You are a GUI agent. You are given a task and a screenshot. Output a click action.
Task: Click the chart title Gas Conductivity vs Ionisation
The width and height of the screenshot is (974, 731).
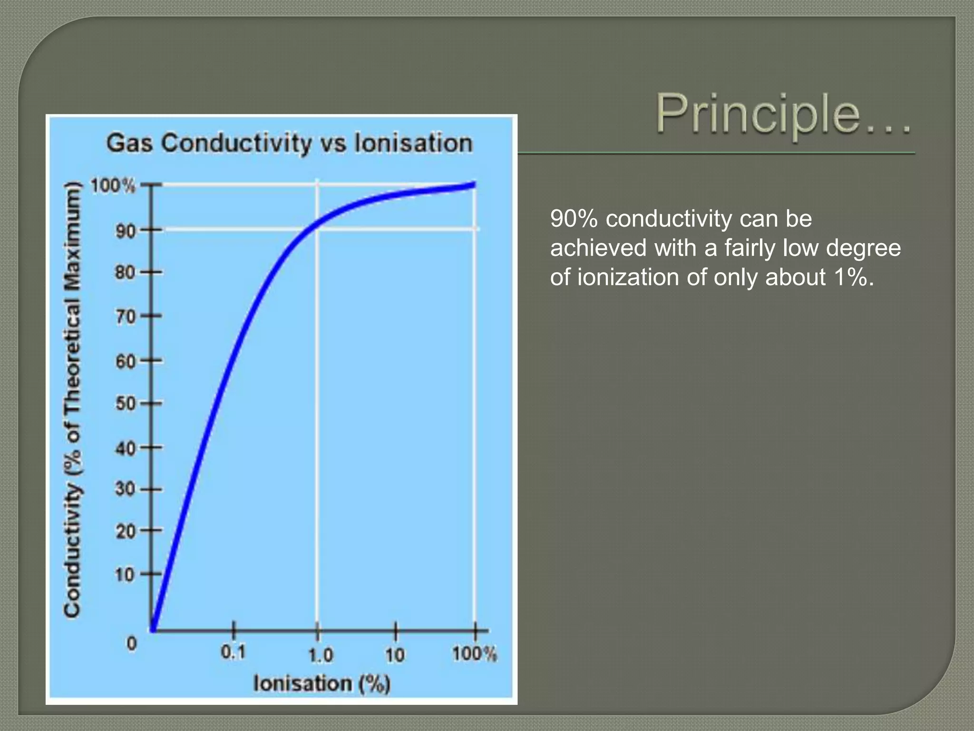289,143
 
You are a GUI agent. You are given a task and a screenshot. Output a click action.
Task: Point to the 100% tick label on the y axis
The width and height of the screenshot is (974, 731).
113,186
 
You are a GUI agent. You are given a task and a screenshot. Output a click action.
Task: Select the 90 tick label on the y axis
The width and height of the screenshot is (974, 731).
126,232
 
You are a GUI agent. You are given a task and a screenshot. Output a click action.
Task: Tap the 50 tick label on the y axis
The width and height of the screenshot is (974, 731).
126,404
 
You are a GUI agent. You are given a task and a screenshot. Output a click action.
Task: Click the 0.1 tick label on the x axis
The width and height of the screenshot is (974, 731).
234,652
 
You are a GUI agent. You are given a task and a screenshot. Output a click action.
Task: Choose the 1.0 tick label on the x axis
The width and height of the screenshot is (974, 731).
321,655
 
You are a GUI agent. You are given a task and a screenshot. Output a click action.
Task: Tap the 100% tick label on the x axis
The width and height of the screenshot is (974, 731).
474,653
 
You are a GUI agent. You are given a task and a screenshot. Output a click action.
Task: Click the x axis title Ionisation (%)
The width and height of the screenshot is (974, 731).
322,683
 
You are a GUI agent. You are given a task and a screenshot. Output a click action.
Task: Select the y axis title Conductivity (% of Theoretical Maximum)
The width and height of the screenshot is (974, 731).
72,400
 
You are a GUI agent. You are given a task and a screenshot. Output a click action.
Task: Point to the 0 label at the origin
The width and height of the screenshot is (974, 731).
132,643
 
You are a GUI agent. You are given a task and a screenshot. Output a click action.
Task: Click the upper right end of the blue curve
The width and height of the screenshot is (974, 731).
474,185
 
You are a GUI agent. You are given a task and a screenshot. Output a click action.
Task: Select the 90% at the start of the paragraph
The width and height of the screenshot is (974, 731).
573,219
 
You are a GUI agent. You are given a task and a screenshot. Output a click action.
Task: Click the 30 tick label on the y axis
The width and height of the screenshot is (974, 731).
126,489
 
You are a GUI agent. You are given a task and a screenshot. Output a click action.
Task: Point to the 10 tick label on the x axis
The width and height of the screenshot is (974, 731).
395,655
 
